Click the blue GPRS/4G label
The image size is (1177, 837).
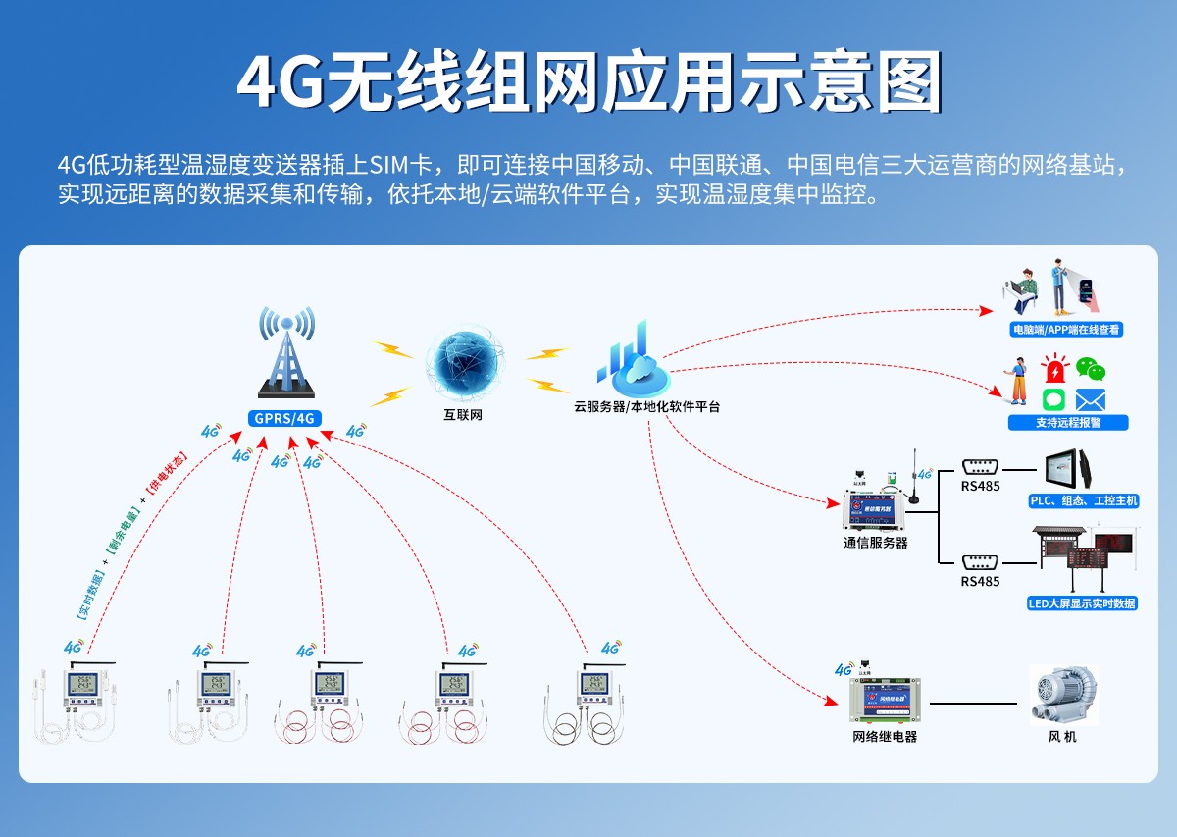(x=284, y=418)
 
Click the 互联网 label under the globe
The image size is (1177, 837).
(x=463, y=415)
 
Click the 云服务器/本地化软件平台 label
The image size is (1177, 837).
(x=646, y=406)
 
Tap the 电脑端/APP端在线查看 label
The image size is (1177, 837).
(x=1066, y=330)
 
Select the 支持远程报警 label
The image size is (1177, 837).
(x=1068, y=422)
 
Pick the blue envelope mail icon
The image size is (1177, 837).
(x=1090, y=399)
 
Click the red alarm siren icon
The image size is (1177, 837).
(x=1054, y=371)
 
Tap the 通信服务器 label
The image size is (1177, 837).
(x=875, y=542)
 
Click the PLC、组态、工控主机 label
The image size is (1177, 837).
(x=1083, y=500)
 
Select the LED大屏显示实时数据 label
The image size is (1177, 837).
(x=1082, y=603)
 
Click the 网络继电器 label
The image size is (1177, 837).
(x=885, y=736)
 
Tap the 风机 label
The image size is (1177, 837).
(x=1062, y=736)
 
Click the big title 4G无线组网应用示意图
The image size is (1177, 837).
(x=588, y=83)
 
